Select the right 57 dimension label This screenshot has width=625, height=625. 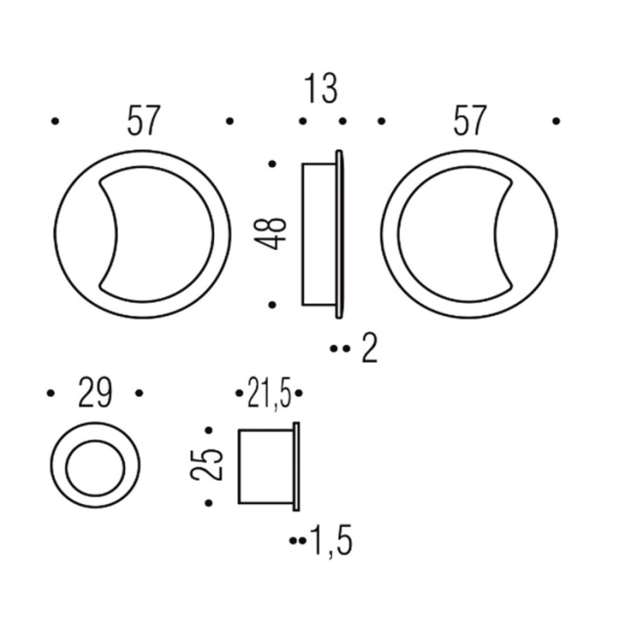469,121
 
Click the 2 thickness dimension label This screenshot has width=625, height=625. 370,348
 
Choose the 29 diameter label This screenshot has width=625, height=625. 95,393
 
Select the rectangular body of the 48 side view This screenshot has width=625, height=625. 318,234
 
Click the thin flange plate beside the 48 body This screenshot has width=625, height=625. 339,234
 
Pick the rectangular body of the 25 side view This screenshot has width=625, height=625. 265,466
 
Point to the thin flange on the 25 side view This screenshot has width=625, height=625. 296,466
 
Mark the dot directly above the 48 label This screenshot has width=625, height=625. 272,164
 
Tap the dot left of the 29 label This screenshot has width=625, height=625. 52,393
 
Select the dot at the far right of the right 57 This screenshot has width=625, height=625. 555,121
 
